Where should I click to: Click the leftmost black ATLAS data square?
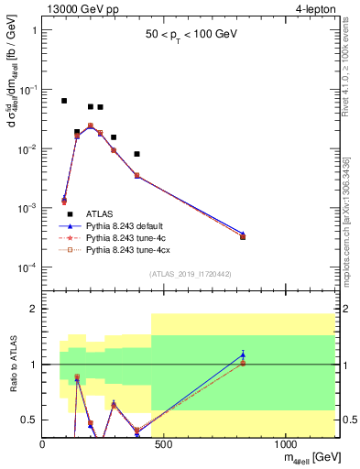click(64, 101)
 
